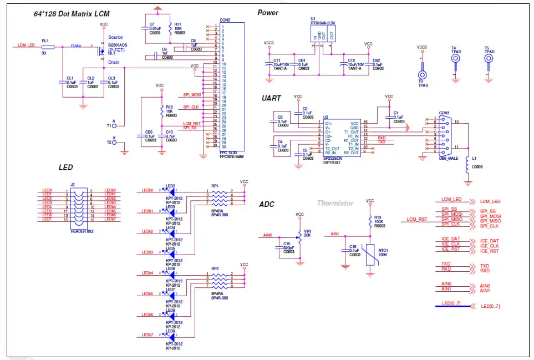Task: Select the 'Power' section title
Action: [268, 13]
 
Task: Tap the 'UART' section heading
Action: [271, 98]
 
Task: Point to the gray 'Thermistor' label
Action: [335, 204]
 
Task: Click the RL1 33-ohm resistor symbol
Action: [48, 48]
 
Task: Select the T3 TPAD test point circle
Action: [423, 74]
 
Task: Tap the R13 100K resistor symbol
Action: [370, 221]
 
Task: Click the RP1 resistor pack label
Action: [215, 186]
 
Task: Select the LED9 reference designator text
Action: [171, 331]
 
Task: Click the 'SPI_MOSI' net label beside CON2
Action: [191, 95]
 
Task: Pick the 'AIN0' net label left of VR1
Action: [267, 235]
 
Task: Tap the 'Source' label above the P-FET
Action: [116, 37]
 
